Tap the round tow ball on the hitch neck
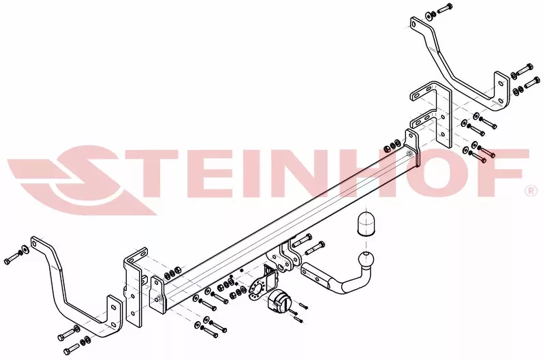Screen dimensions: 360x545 pos(368,260)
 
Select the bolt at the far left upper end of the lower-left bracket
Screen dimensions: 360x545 pos(14,260)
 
